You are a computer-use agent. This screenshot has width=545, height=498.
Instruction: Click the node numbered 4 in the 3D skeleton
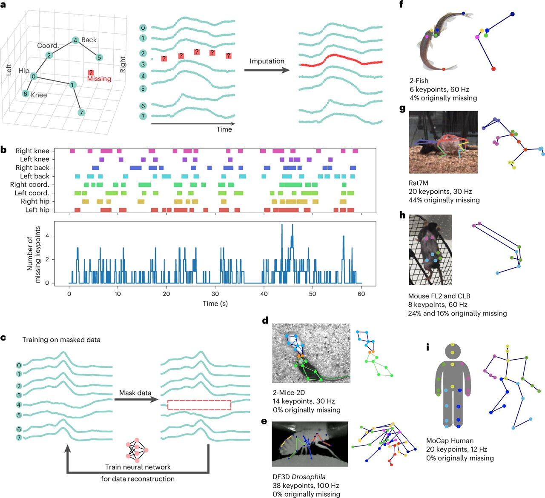[75, 40]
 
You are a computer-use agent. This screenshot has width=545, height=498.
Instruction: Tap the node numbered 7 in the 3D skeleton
[81, 113]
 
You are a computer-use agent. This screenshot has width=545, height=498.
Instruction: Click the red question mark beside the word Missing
[91, 73]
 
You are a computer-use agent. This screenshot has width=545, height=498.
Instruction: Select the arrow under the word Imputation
[267, 69]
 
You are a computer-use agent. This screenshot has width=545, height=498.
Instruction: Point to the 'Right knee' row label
[32, 151]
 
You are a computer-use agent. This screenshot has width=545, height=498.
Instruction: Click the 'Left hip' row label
[37, 210]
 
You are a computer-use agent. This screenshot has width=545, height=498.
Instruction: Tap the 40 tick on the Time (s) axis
[264, 294]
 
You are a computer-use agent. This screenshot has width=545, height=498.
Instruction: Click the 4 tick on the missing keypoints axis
[47, 236]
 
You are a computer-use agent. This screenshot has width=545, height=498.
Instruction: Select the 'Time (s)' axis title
[215, 303]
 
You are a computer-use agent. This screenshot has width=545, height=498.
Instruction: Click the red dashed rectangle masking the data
[199, 405]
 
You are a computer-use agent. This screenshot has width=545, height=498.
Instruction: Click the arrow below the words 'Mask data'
[135, 400]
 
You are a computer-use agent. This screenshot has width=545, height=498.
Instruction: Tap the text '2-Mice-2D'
[289, 392]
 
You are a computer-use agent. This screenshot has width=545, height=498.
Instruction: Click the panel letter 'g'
[402, 108]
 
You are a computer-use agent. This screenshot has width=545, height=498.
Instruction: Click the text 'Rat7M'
[418, 183]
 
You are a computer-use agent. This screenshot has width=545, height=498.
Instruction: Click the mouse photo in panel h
[430, 250]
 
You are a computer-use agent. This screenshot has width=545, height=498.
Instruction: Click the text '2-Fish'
[418, 80]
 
